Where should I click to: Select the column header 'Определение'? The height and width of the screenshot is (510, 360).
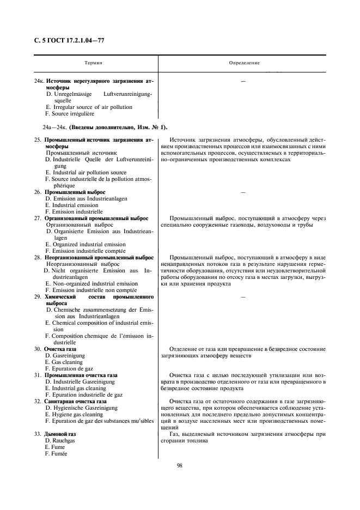click(244, 63)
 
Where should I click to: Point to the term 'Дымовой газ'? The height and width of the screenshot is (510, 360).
click(60, 434)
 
